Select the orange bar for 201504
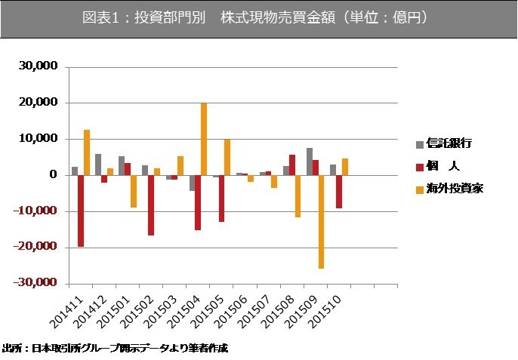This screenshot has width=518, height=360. click(x=204, y=139)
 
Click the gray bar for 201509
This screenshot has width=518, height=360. click(x=310, y=162)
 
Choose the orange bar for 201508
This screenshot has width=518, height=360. click(x=298, y=196)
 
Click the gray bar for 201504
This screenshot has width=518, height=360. click(x=192, y=183)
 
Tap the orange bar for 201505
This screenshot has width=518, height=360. click(x=227, y=157)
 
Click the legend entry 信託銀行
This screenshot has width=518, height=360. click(x=449, y=143)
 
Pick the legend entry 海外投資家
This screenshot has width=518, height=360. click(x=454, y=188)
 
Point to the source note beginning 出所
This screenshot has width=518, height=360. click(x=115, y=349)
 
